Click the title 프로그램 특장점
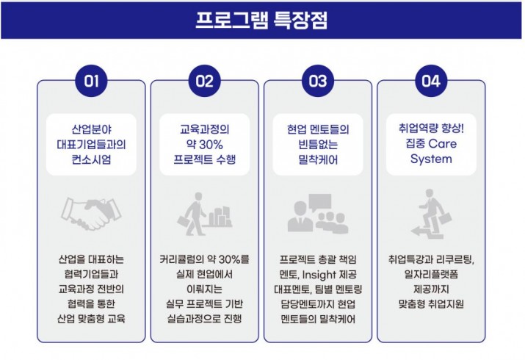pyautogui.click(x=261, y=20)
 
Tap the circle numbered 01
pyautogui.click(x=91, y=81)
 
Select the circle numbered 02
pyautogui.click(x=204, y=81)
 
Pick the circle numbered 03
pyautogui.click(x=318, y=81)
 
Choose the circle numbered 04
pyautogui.click(x=431, y=81)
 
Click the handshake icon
pyautogui.click(x=91, y=213)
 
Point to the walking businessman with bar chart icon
pyautogui.click(x=204, y=214)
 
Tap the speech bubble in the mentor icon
pyautogui.click(x=319, y=202)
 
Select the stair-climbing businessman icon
pyautogui.click(x=431, y=214)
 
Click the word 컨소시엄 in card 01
pyautogui.click(x=91, y=159)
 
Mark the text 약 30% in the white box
pyautogui.click(x=204, y=144)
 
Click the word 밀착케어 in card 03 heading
pyautogui.click(x=318, y=159)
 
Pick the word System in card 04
pyautogui.click(x=431, y=159)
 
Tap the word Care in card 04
pyautogui.click(x=442, y=144)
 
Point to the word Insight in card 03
pyautogui.click(x=319, y=275)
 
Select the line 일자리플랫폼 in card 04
pyautogui.click(x=431, y=274)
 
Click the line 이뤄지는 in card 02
pyautogui.click(x=204, y=289)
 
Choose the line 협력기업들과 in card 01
pyautogui.click(x=91, y=274)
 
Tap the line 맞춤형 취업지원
pyautogui.click(x=431, y=303)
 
